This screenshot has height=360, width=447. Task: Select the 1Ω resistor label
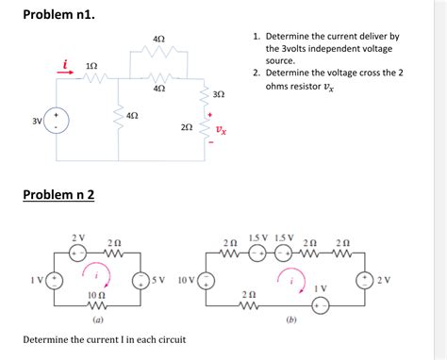[x=91, y=65]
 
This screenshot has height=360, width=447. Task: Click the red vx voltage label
[x=220, y=130]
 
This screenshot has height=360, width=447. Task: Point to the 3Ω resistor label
[x=219, y=96]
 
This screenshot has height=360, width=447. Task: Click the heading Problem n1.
[x=58, y=15]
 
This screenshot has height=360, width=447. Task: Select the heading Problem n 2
[x=58, y=195]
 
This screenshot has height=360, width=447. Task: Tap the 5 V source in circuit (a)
[x=141, y=280]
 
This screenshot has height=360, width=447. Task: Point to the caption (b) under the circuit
[x=280, y=320]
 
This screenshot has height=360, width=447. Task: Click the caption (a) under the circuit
[x=97, y=320]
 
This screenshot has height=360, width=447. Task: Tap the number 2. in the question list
[x=257, y=73]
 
